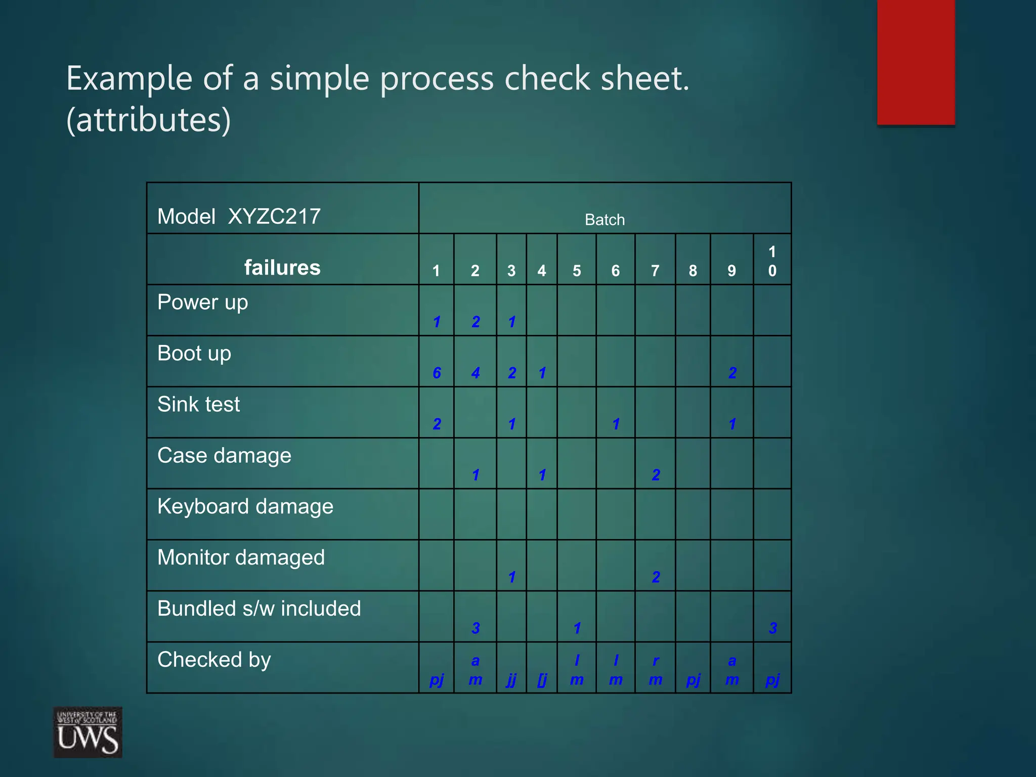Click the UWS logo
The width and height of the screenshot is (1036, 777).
88,731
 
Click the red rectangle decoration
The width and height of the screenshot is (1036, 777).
916,62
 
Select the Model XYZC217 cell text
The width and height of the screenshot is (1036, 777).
239,217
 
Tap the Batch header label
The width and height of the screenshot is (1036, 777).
605,220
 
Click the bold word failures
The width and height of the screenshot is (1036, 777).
282,268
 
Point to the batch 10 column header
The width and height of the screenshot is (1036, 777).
772,261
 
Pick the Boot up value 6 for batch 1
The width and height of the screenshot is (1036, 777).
437,373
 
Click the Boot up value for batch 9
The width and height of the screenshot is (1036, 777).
732,373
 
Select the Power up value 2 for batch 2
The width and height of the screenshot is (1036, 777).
476,322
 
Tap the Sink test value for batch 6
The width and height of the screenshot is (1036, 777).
616,424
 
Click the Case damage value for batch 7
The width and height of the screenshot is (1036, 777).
656,475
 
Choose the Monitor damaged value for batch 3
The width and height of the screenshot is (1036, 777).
512,577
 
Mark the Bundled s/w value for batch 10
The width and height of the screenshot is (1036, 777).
772,628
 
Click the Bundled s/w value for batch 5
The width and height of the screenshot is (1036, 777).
577,628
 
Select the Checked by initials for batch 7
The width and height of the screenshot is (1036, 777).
656,670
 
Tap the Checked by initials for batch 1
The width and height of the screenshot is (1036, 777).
437,679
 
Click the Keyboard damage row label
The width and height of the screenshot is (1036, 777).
245,506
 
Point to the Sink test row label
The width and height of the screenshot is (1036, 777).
198,405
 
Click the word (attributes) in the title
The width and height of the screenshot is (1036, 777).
149,120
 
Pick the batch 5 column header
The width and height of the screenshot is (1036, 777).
577,271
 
